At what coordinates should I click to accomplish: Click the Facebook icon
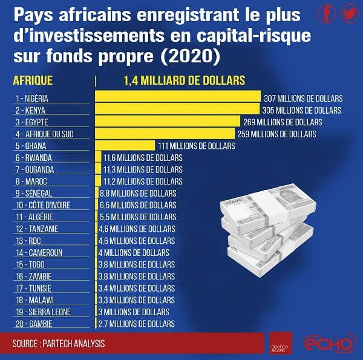point(327,14)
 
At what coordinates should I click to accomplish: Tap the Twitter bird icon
point(349,14)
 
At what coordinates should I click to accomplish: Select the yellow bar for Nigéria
point(178,98)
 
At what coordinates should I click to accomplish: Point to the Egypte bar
point(168,122)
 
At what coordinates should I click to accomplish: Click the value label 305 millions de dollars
point(302,110)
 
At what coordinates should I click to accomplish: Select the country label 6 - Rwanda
point(34,157)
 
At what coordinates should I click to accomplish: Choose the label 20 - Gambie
point(36,324)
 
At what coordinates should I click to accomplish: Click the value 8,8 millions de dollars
point(138,193)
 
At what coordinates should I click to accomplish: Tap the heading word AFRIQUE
point(33,80)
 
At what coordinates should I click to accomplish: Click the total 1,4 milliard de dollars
point(184,80)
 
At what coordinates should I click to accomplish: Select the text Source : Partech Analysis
point(59,343)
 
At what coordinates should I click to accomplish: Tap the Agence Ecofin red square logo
point(281,342)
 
